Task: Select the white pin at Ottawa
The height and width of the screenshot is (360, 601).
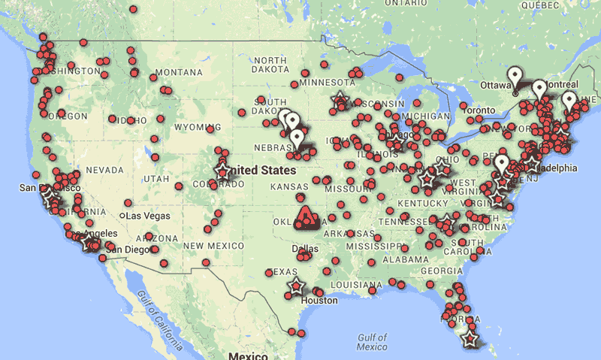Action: coord(515,77)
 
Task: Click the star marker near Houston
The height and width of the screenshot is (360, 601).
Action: coord(297,286)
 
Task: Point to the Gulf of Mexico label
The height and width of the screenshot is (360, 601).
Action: coord(373,342)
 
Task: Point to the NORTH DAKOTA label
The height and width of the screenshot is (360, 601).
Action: coord(271,65)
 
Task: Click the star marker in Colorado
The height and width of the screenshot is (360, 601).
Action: coord(222,171)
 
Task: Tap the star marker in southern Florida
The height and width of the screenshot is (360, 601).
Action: coord(471,340)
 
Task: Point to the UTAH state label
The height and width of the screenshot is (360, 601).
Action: coord(157,178)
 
